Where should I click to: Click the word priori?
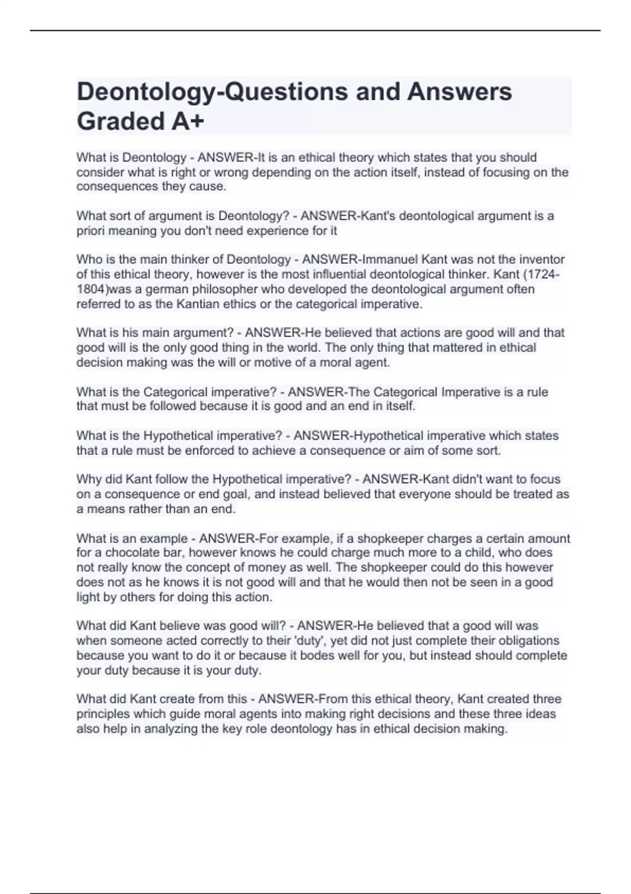point(90,231)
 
